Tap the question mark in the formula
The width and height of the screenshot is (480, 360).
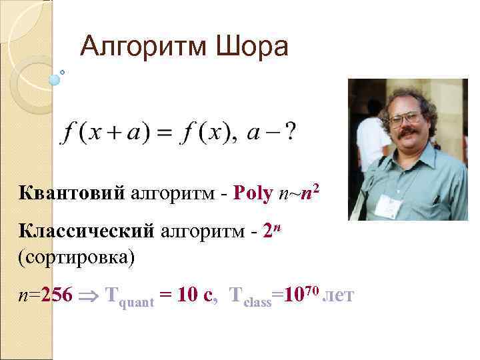[291, 133]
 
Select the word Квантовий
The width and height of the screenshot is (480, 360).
[72, 193]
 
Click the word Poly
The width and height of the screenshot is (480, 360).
[253, 193]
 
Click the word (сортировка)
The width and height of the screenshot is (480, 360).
[77, 257]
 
